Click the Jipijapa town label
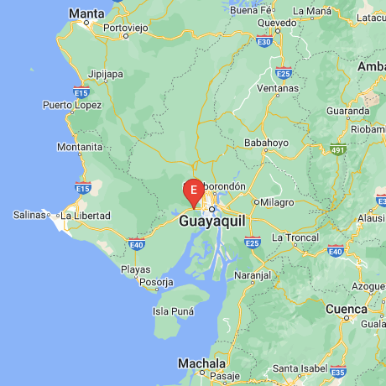click(106, 74)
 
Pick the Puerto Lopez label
click(73, 106)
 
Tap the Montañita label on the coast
click(80, 147)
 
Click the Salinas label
click(29, 216)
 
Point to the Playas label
click(136, 269)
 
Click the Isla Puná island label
click(173, 311)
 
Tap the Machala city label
click(202, 364)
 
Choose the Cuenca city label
click(346, 308)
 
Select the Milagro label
click(278, 202)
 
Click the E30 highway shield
click(265, 40)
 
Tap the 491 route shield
click(338, 150)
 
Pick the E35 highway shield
click(338, 371)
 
